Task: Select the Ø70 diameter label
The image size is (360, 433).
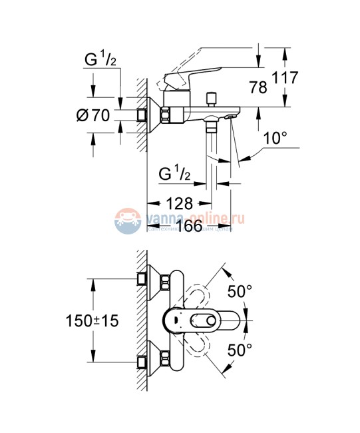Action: click(x=92, y=115)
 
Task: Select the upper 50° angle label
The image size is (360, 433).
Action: click(x=240, y=291)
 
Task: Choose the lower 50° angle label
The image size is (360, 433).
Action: click(x=240, y=348)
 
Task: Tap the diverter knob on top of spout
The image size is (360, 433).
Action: click(x=212, y=99)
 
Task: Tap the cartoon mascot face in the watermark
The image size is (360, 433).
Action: click(x=127, y=220)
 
